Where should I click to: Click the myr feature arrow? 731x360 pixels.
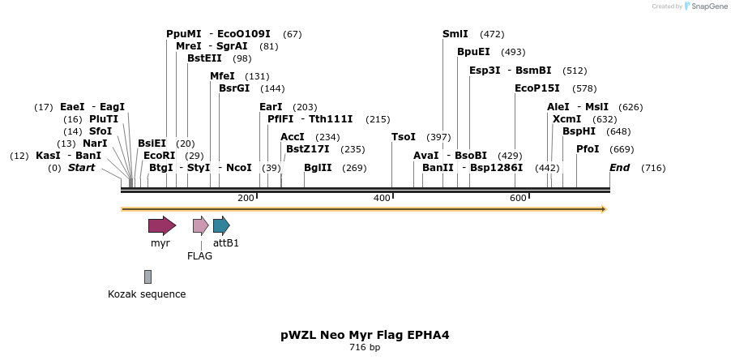pos(162,225)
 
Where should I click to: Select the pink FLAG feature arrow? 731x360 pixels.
pos(200,225)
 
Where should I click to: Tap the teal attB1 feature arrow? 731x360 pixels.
pos(221,225)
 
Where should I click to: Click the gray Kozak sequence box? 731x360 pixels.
pos(147,277)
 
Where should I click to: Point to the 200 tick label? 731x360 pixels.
pos(246,199)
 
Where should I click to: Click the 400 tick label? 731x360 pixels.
pos(382,199)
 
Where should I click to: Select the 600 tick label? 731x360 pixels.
pos(518,199)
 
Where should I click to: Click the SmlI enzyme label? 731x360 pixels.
pos(455,34)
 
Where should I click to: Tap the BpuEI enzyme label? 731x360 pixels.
pos(473,52)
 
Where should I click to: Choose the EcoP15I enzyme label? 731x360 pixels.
pos(536,88)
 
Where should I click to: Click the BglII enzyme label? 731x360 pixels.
pos(318,168)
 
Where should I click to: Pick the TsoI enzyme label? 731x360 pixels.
pos(403,137)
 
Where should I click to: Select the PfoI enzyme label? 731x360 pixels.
pos(588,149)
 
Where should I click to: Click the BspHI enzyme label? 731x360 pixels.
pos(579,131)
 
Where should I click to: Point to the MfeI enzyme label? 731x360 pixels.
pos(222,76)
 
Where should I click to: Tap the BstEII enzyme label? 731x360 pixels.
pos(204,58)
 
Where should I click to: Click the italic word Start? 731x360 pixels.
pos(81,168)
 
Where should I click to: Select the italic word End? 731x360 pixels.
pos(619,168)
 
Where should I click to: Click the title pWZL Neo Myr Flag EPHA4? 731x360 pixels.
pos(365,334)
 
